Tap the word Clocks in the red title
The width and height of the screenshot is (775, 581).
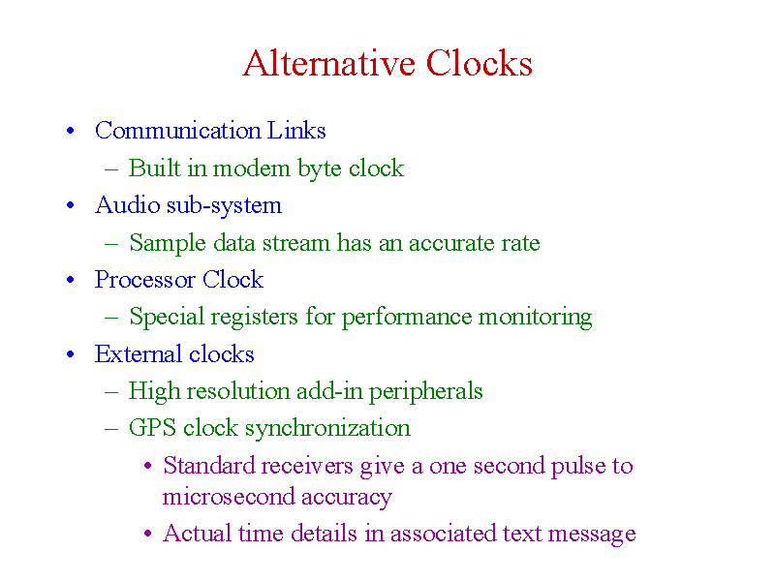coord(479,63)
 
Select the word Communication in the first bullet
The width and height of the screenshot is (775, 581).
coord(178,131)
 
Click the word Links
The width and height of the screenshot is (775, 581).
coord(296,131)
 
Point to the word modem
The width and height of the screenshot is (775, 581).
coord(252,168)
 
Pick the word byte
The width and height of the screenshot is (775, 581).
coord(320,168)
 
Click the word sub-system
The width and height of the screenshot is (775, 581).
coord(224,206)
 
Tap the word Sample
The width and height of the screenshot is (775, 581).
coord(168,244)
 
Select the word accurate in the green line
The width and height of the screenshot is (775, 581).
coord(451,244)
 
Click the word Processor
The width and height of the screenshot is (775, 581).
coord(144,280)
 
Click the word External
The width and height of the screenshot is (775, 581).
coord(139,354)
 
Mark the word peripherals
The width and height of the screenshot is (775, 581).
coord(425,392)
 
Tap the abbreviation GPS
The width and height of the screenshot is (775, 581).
coord(152,428)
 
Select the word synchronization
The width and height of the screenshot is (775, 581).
coord(327,429)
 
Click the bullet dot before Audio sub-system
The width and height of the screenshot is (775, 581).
coord(70,205)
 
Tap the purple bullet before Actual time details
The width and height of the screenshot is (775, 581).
coord(147,534)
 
